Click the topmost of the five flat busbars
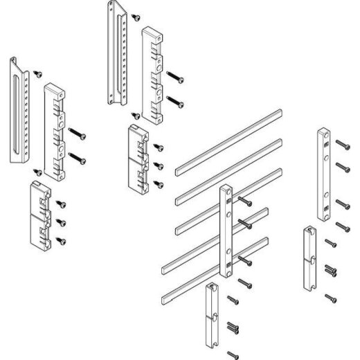pyautogui.click(x=228, y=138)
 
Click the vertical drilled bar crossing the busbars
pyautogui.click(x=226, y=228)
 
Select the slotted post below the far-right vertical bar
pyautogui.click(x=309, y=258)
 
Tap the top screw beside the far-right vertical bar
pyautogui.click(x=341, y=144)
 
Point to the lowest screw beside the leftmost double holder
pyautogui.click(x=62, y=240)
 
